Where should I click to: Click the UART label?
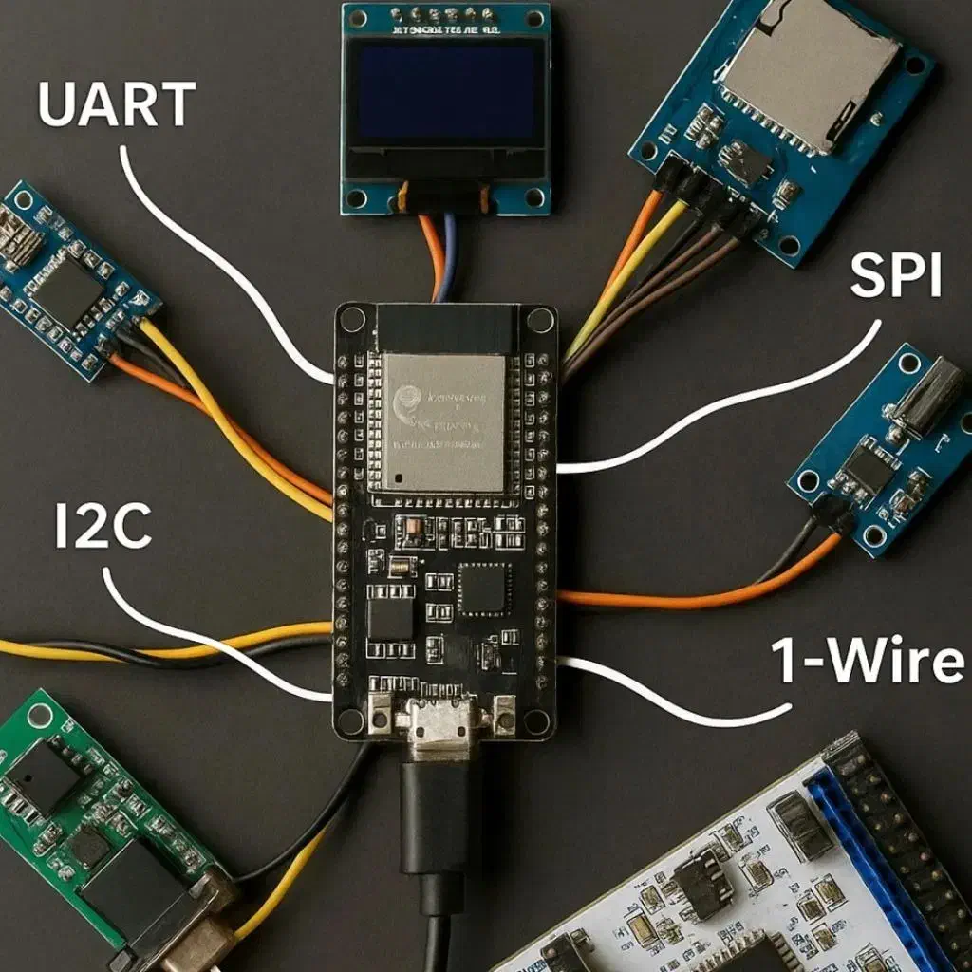pos(117,105)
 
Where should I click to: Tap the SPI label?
pos(895,277)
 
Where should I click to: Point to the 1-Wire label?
pos(867,661)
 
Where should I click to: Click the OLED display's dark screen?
pos(444,95)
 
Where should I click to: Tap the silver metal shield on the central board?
pos(443,421)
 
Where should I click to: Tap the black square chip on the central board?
pos(483,588)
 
